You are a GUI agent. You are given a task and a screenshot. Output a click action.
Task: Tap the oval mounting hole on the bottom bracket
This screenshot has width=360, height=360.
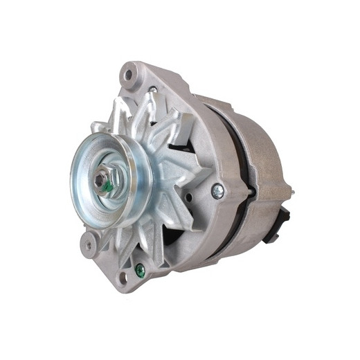pos(124,279)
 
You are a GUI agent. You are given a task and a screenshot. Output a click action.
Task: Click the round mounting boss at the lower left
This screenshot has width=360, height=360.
pos(89,243)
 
